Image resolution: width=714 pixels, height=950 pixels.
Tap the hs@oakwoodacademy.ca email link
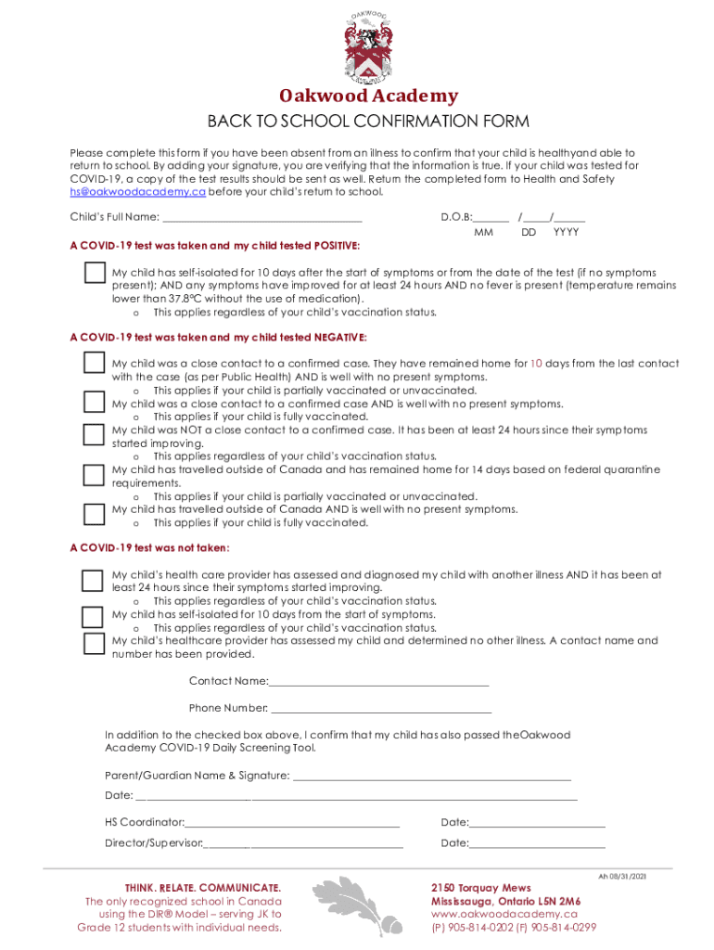[138, 192]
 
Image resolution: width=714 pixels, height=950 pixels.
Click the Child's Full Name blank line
[262, 219]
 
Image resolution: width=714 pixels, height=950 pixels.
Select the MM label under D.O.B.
[483, 233]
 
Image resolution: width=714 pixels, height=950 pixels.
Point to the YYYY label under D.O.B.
[566, 233]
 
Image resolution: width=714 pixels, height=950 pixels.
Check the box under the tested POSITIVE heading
[94, 273]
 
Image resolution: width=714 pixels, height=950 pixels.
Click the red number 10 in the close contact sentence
[536, 364]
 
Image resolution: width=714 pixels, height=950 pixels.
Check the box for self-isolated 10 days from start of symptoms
[93, 617]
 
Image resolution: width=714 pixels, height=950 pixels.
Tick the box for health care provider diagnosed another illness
[93, 580]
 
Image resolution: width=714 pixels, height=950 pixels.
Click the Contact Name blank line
[378, 682]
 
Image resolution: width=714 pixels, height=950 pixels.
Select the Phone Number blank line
[380, 709]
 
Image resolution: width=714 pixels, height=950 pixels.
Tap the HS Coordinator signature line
[292, 823]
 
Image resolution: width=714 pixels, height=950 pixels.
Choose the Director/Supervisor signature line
[303, 844]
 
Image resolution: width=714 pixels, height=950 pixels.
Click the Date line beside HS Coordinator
[537, 823]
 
